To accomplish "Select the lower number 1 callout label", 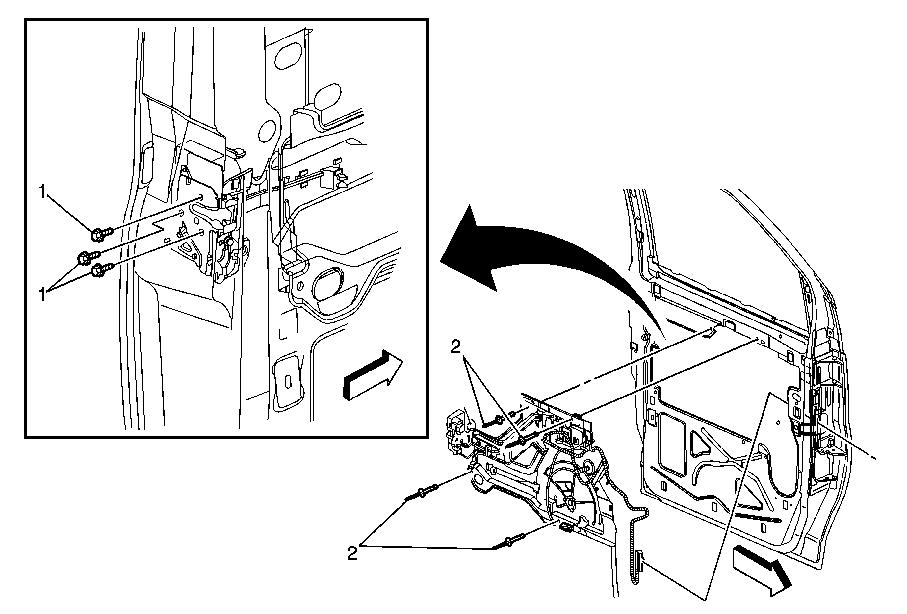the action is (x=43, y=295).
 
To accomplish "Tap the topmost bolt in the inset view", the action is (x=102, y=234).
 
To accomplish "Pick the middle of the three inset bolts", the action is (x=90, y=256).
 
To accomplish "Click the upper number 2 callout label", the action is (x=455, y=347).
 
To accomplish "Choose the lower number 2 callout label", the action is (x=352, y=554).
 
